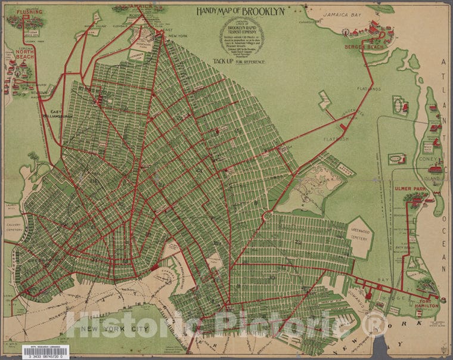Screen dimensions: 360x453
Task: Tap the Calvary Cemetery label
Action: pos(13,227)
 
